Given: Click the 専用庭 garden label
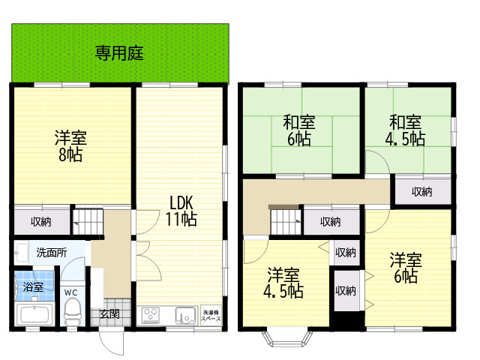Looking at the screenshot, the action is (x=119, y=53).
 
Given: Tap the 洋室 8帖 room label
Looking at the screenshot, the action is (x=70, y=145).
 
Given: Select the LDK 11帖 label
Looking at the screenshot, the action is (x=181, y=211).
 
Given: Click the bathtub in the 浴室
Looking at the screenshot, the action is (x=34, y=314).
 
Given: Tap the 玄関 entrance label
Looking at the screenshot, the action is (x=110, y=313).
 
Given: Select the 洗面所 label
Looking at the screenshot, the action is (x=52, y=253).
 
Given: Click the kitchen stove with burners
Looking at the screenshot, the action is (x=151, y=315).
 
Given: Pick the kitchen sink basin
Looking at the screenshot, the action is (x=185, y=315).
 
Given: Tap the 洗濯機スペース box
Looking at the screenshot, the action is (x=211, y=315).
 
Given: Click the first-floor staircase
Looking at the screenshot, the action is (x=88, y=221).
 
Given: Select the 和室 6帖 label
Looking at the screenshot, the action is (x=299, y=130).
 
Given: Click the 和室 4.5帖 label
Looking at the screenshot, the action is (x=405, y=130).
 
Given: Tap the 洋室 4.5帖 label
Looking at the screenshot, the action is (x=283, y=283).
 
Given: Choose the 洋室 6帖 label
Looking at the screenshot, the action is (x=406, y=268).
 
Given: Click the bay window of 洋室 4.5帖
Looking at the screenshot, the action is (x=288, y=337).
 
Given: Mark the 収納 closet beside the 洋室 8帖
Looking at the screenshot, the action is (x=42, y=222).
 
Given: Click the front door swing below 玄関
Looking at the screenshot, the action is (x=112, y=342).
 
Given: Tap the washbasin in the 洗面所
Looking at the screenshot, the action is (x=22, y=253).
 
